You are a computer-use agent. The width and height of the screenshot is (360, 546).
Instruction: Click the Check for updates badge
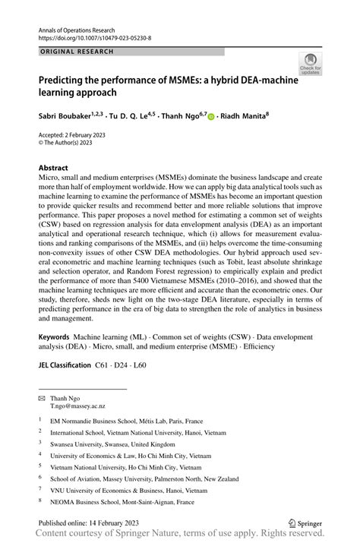(310, 64)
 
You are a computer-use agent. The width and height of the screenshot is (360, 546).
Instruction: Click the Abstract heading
(55, 166)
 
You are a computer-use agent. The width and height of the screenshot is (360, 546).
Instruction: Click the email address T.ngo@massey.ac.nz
(78, 406)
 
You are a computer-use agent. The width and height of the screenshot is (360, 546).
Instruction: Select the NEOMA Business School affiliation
(122, 502)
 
